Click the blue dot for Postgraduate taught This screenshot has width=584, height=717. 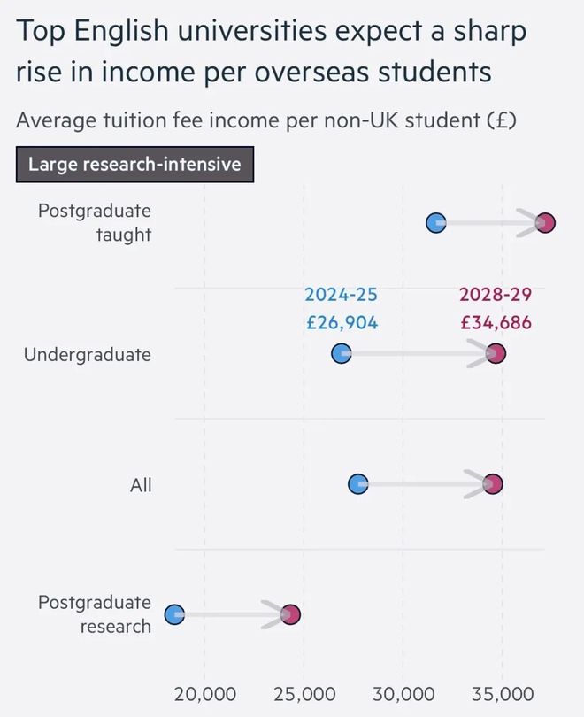click(x=436, y=223)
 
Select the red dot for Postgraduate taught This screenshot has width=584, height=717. click(x=545, y=223)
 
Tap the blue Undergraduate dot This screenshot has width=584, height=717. click(x=342, y=353)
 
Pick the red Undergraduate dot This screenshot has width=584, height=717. click(x=496, y=353)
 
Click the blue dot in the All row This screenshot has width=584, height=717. click(x=358, y=484)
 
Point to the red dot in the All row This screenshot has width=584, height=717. click(x=493, y=484)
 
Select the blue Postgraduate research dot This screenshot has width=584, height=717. click(x=174, y=614)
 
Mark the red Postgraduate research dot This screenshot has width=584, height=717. click(x=290, y=614)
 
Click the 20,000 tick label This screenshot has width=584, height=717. click(x=205, y=694)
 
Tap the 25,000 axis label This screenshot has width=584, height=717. click(x=304, y=694)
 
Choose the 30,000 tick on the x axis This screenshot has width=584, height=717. click(x=403, y=694)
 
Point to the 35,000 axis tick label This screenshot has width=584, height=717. click(x=503, y=694)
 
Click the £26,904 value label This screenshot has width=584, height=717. click(x=342, y=323)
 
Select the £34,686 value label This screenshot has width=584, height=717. click(x=496, y=323)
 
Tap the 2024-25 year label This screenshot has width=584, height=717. click(x=342, y=295)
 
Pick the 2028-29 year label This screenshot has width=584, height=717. click(x=496, y=295)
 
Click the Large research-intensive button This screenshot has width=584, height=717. click(x=134, y=164)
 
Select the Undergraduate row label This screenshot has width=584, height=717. click(x=88, y=355)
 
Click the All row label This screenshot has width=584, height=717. click(x=141, y=485)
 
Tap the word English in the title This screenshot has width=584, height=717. click(x=121, y=32)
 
